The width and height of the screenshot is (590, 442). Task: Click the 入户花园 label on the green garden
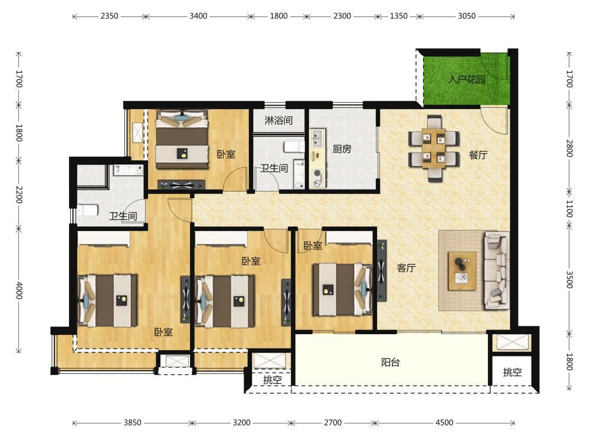tap(467, 80)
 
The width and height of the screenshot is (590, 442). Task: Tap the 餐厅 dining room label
tap(478, 154)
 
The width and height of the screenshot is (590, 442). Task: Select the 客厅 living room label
tap(406, 268)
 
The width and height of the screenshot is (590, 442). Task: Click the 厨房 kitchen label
tap(342, 149)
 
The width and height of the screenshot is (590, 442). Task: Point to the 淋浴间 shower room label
tap(278, 120)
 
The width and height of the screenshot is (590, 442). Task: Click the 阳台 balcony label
tap(390, 362)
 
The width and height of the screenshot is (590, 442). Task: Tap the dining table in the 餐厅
tap(434, 148)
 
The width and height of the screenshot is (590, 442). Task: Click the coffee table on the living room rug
tap(462, 271)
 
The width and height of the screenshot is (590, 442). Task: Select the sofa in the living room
tap(497, 271)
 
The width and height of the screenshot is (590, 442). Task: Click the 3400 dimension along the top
tap(198, 16)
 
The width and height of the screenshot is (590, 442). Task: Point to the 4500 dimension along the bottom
tap(444, 423)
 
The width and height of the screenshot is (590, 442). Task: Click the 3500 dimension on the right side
tap(570, 279)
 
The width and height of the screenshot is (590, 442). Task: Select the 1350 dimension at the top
tap(398, 16)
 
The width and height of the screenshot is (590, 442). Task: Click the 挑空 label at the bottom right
tap(513, 372)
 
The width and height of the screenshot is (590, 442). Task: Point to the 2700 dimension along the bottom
tap(333, 423)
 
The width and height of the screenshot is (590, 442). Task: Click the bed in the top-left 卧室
tap(182, 139)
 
